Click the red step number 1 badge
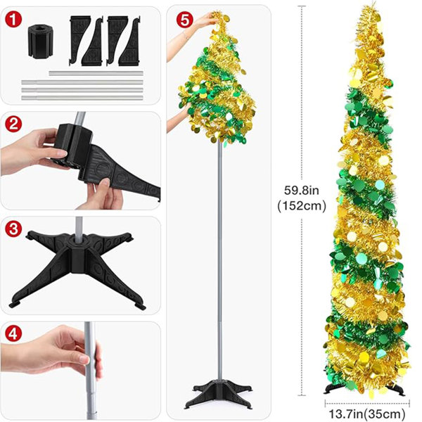click(13, 20)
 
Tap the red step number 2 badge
click(13, 124)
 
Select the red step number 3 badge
click(13, 229)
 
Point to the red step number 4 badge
click(13, 334)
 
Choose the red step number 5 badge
click(184, 20)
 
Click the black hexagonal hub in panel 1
click(40, 41)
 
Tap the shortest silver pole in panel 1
click(96, 73)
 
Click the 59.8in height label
click(302, 191)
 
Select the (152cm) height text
click(302, 206)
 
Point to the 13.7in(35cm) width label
click(367, 414)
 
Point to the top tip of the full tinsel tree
click(373, 2)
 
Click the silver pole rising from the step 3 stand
click(79, 228)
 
